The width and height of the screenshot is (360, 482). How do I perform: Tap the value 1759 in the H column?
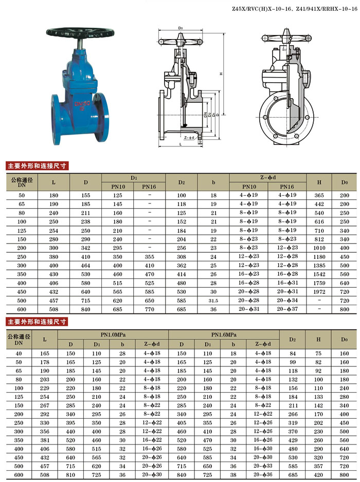click(x=319, y=283)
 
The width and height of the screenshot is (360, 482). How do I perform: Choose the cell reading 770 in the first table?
click(x=149, y=309)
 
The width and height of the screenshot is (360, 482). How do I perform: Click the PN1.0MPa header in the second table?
click(x=113, y=335)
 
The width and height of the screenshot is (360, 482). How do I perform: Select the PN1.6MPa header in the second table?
click(x=223, y=335)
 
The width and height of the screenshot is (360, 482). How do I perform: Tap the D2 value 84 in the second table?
click(x=293, y=353)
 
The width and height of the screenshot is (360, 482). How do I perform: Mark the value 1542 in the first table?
click(x=319, y=274)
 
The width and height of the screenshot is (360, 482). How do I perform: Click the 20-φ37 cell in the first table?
click(x=287, y=309)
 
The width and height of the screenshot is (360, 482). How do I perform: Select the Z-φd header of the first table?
click(x=268, y=177)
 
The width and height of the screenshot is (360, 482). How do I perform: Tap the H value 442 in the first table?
click(x=319, y=204)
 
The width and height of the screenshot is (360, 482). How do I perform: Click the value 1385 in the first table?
click(x=319, y=266)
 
